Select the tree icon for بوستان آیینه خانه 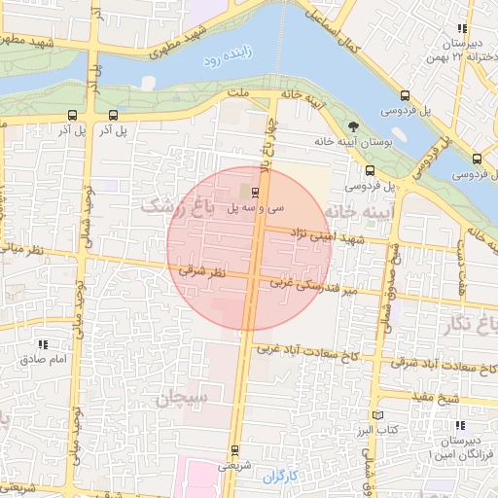(x=354, y=125)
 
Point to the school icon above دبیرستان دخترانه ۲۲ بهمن (x=461, y=29)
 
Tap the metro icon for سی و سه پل (x=255, y=191)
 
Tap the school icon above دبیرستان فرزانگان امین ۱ (x=459, y=425)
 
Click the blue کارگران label (x=282, y=476)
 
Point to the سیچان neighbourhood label (x=179, y=398)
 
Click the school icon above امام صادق (x=43, y=344)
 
